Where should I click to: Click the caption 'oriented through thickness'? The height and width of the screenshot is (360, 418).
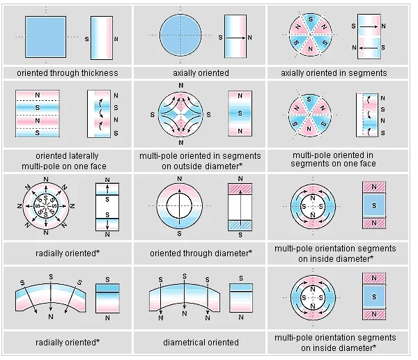click(x=68, y=72)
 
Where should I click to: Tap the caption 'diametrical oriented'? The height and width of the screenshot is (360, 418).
click(x=201, y=342)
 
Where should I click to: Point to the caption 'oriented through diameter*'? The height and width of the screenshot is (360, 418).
click(x=201, y=252)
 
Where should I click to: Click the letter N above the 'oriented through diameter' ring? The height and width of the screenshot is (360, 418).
click(x=180, y=177)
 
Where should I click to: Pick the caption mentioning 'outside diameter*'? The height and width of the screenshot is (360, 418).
click(x=201, y=159)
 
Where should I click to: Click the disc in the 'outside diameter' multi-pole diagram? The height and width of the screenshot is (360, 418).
click(x=180, y=114)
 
